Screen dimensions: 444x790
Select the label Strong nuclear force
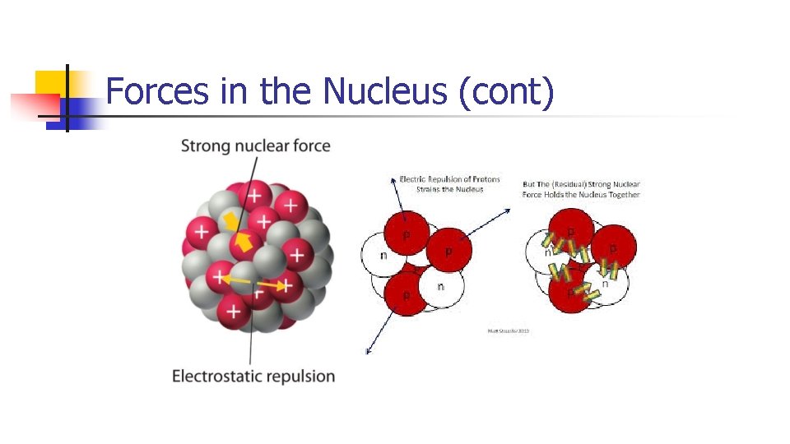(255, 146)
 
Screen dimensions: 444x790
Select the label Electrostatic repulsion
(253, 377)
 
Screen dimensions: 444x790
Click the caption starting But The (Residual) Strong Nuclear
(581, 189)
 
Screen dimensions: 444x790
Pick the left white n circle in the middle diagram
(383, 255)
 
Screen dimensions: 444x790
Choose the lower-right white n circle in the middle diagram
(442, 287)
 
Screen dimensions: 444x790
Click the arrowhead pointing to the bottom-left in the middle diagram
(368, 351)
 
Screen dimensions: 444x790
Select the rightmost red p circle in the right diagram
(614, 247)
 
